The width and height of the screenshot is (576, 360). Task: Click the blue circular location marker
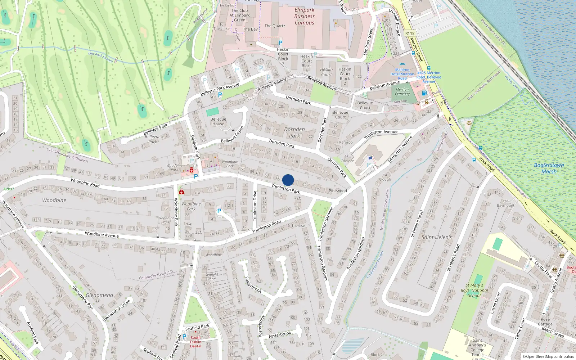point(288,180)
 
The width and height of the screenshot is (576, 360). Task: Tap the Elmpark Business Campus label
point(304,16)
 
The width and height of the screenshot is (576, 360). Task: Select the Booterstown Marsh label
point(549,168)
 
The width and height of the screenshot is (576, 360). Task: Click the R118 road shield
point(410,33)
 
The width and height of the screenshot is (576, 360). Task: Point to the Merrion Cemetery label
point(402,91)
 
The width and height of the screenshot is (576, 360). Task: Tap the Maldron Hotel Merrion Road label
point(402,74)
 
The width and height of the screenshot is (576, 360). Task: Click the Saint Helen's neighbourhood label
point(436,237)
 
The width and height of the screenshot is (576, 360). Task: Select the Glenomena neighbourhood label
point(99,295)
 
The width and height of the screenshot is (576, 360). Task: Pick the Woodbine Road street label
point(85,183)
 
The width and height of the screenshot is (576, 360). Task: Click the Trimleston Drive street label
point(255,206)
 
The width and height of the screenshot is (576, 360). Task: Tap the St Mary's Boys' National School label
point(474,290)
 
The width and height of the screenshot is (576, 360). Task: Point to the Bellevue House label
point(218,121)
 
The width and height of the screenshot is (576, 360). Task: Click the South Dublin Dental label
point(195,342)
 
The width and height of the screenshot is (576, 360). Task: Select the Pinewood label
point(338,191)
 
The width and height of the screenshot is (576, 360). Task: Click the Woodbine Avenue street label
point(102,235)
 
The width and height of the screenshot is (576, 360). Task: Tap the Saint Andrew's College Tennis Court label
point(477,350)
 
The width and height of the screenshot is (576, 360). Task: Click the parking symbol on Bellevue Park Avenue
point(220,94)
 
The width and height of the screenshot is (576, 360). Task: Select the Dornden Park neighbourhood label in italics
point(294,132)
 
